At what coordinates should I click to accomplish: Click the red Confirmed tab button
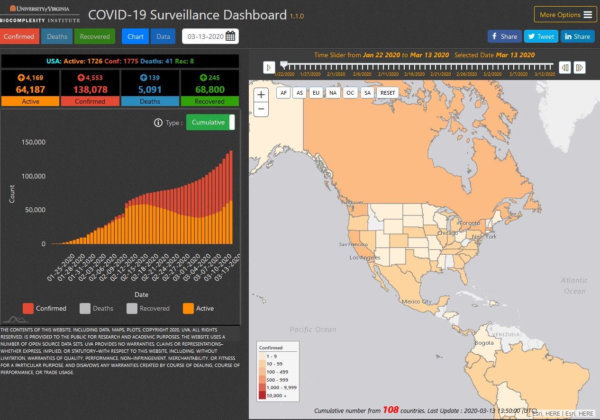[x=19, y=36]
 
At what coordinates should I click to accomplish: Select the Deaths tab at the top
[x=57, y=36]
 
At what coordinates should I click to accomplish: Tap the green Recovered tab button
[x=95, y=36]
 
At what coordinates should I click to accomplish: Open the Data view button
[x=163, y=36]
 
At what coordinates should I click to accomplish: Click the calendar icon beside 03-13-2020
[x=230, y=36]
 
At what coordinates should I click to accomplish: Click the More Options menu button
[x=565, y=15]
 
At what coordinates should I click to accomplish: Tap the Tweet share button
[x=541, y=36]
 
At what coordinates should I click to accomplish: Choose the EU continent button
[x=316, y=93]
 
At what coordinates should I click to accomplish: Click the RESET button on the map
[x=387, y=93]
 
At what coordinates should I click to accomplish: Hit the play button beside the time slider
[x=269, y=68]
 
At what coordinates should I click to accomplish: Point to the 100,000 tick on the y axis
[x=33, y=176]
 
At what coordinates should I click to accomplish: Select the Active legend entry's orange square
[x=188, y=308]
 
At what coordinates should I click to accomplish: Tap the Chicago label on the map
[x=447, y=233]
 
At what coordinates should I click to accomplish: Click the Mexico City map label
[x=417, y=302]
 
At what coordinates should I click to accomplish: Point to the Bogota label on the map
[x=484, y=343]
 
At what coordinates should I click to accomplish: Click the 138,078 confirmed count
[x=90, y=89]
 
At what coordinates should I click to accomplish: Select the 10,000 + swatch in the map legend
[x=262, y=395]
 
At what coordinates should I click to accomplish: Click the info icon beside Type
[x=158, y=123]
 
